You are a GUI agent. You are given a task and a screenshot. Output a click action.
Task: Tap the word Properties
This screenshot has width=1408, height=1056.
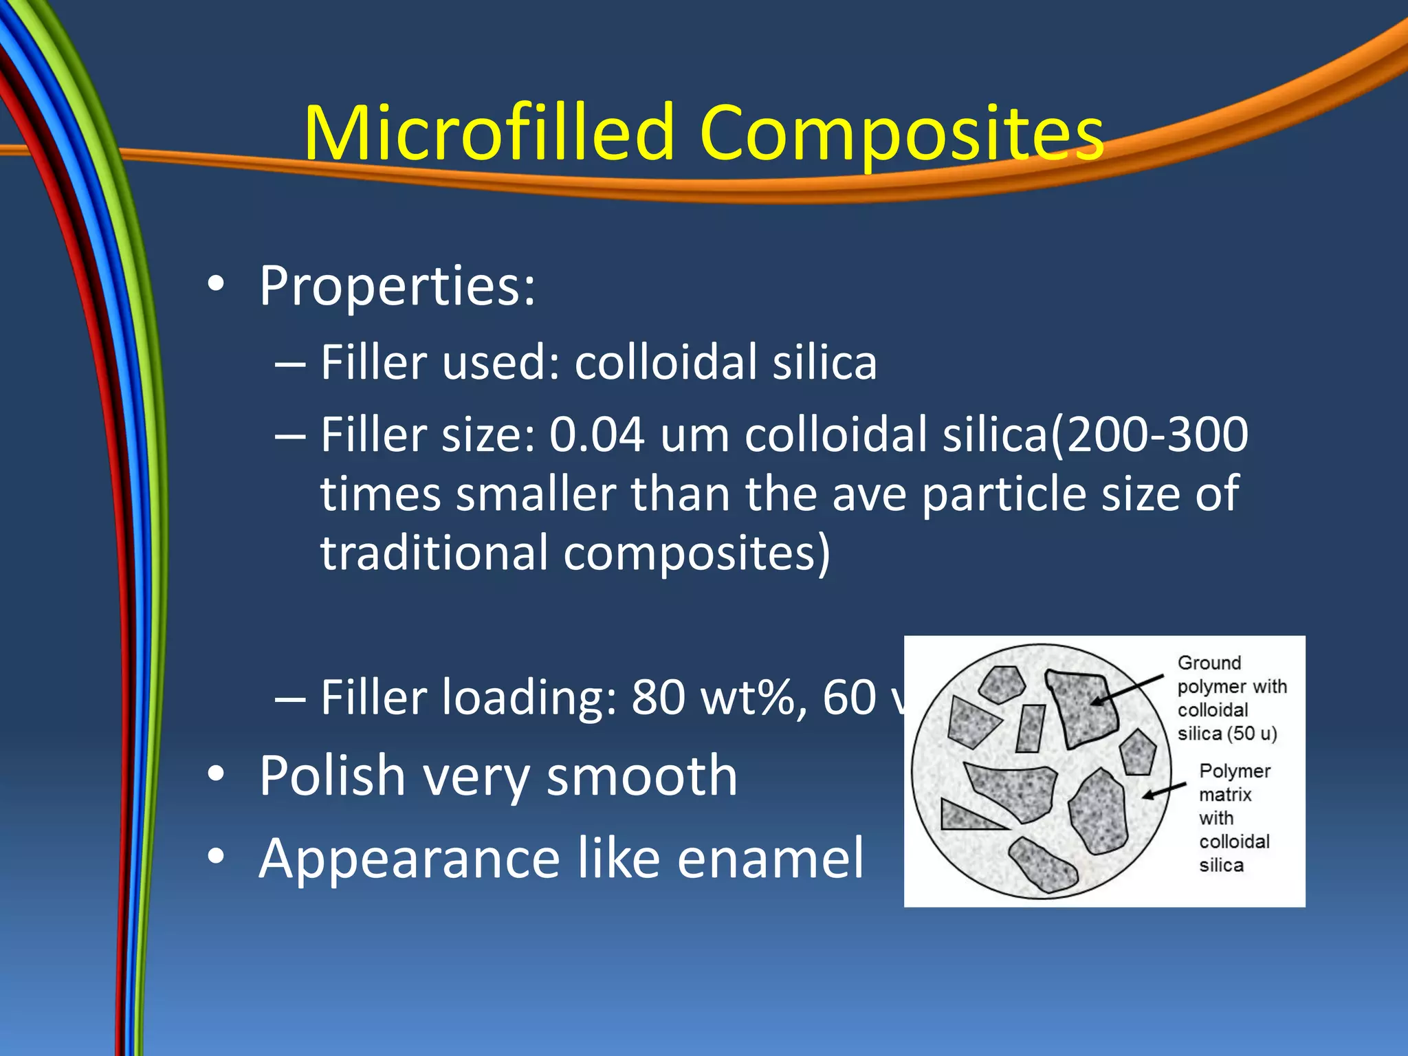[x=397, y=285]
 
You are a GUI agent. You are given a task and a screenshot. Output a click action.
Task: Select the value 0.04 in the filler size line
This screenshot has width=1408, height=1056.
[x=596, y=435]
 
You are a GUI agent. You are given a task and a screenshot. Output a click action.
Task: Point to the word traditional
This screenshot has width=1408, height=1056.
[x=434, y=553]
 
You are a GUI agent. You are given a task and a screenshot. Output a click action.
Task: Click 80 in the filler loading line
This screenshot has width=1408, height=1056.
[x=657, y=698]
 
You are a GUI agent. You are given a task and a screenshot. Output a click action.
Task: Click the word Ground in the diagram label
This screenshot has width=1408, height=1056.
[x=1209, y=663]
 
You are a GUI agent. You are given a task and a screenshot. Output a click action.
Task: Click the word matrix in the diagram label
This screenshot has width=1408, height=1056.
[x=1224, y=795]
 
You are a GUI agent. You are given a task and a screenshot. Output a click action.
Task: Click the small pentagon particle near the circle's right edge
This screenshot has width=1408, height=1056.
[x=1138, y=752]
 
